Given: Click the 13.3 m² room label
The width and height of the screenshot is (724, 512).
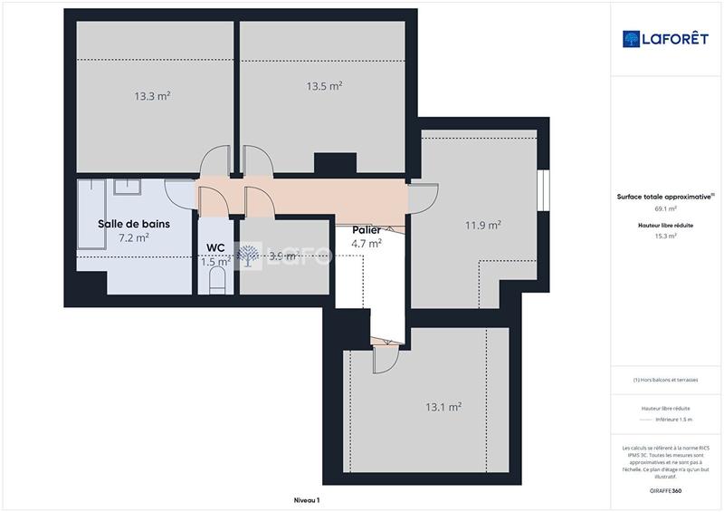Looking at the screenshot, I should coord(153,96).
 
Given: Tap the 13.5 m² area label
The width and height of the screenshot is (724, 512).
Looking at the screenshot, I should coord(324,87).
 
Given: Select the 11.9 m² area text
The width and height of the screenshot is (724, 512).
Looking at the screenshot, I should coord(483,225).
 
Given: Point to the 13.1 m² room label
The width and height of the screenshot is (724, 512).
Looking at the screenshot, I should coord(444,407).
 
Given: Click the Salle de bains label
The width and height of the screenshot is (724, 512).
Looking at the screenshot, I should coord(134,223).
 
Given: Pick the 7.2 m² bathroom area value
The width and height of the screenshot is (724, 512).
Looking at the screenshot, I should coord(134,237).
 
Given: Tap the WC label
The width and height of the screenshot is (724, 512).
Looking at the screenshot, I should coord(215,247).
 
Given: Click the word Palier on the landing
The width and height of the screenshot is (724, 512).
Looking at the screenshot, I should coord(367,230).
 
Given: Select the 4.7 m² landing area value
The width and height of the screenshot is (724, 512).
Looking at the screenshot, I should coord(367,243).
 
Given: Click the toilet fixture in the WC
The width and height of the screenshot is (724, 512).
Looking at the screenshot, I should coord(215,285).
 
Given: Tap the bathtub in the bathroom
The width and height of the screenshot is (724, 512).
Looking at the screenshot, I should coord(91,214).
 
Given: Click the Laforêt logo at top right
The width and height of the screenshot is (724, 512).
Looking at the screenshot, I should coord(664,39).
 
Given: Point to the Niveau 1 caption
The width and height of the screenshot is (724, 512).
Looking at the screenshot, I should coord(307,500).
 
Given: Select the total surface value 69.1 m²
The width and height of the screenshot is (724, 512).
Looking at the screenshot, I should coord(665,208).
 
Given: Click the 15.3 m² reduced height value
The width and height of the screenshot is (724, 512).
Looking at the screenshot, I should coord(665,236).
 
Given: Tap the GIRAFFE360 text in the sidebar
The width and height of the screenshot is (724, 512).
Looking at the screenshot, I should coord(665,489).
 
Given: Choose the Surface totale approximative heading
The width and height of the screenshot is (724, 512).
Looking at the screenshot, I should coord(665,196).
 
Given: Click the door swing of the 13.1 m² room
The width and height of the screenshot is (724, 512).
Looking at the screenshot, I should coord(384,359).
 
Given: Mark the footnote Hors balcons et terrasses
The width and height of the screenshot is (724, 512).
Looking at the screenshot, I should coord(665,380).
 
